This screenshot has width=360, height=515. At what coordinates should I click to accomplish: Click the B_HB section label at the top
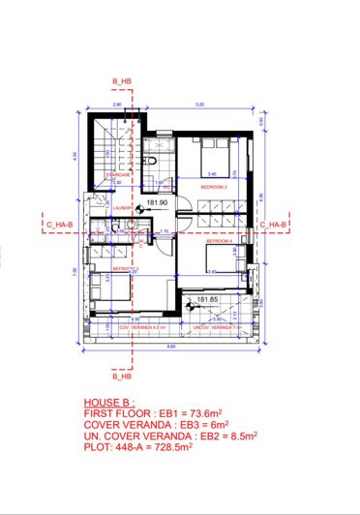click(x=121, y=79)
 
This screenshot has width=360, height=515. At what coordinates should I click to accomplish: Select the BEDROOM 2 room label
click(x=214, y=183)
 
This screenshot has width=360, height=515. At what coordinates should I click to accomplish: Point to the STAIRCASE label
click(x=118, y=175)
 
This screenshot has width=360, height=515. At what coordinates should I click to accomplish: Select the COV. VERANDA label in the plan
click(x=136, y=328)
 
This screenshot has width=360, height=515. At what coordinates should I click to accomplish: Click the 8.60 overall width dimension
click(x=170, y=346)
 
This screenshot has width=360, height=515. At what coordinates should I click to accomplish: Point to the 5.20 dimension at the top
click(x=199, y=104)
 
